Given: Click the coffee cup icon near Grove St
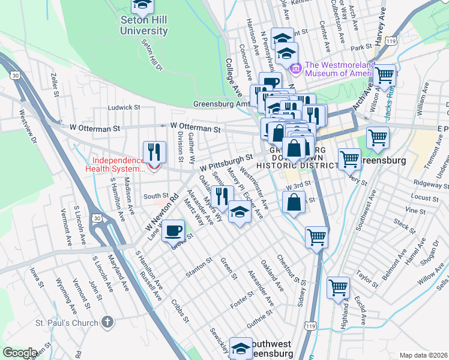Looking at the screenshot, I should tap(173, 229).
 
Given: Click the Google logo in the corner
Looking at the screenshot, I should tap(20, 353).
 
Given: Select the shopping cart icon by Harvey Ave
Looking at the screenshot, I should tap(384, 76).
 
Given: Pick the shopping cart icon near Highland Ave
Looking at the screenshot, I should tap(339, 287).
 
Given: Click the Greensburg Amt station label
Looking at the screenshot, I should tap(221, 104).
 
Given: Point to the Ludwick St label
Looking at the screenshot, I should tap(124, 108).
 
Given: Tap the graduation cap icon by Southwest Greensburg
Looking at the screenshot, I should tap(241, 347).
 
